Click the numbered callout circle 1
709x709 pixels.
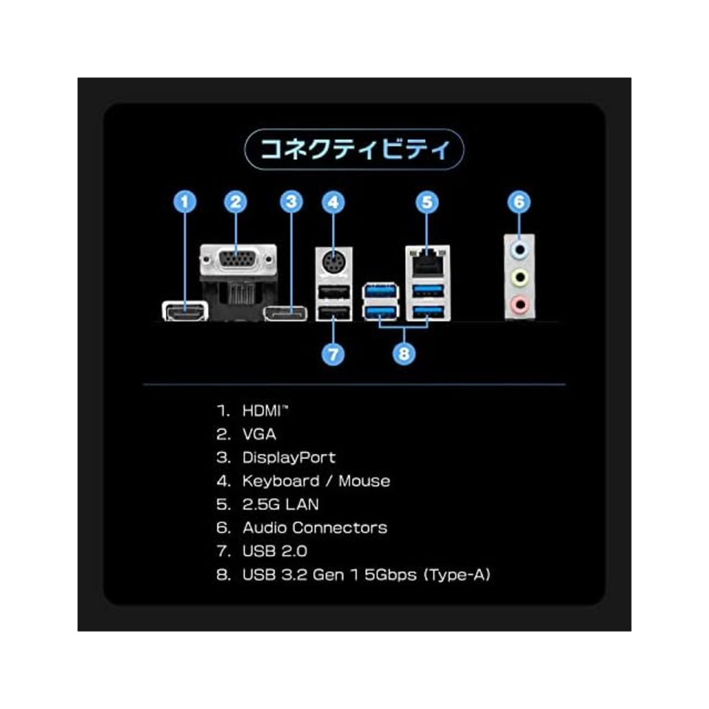coord(184,202)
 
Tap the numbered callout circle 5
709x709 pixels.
coord(427,202)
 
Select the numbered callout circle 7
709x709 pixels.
coord(333,354)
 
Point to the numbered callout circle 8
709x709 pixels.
coord(404,354)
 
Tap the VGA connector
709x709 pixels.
coord(238,260)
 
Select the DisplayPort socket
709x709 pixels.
coord(285,313)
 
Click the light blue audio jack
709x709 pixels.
coord(519,250)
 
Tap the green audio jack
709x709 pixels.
coord(519,277)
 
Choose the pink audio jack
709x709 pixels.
coord(519,304)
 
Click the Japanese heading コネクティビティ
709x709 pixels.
coord(354,149)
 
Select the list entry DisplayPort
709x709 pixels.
coord(289,458)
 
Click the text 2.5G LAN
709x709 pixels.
coord(280,504)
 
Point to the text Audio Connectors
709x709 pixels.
coord(315,528)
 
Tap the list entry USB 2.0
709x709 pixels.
coord(275,551)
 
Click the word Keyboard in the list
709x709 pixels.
coord(281,481)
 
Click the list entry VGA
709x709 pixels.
coord(259,434)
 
